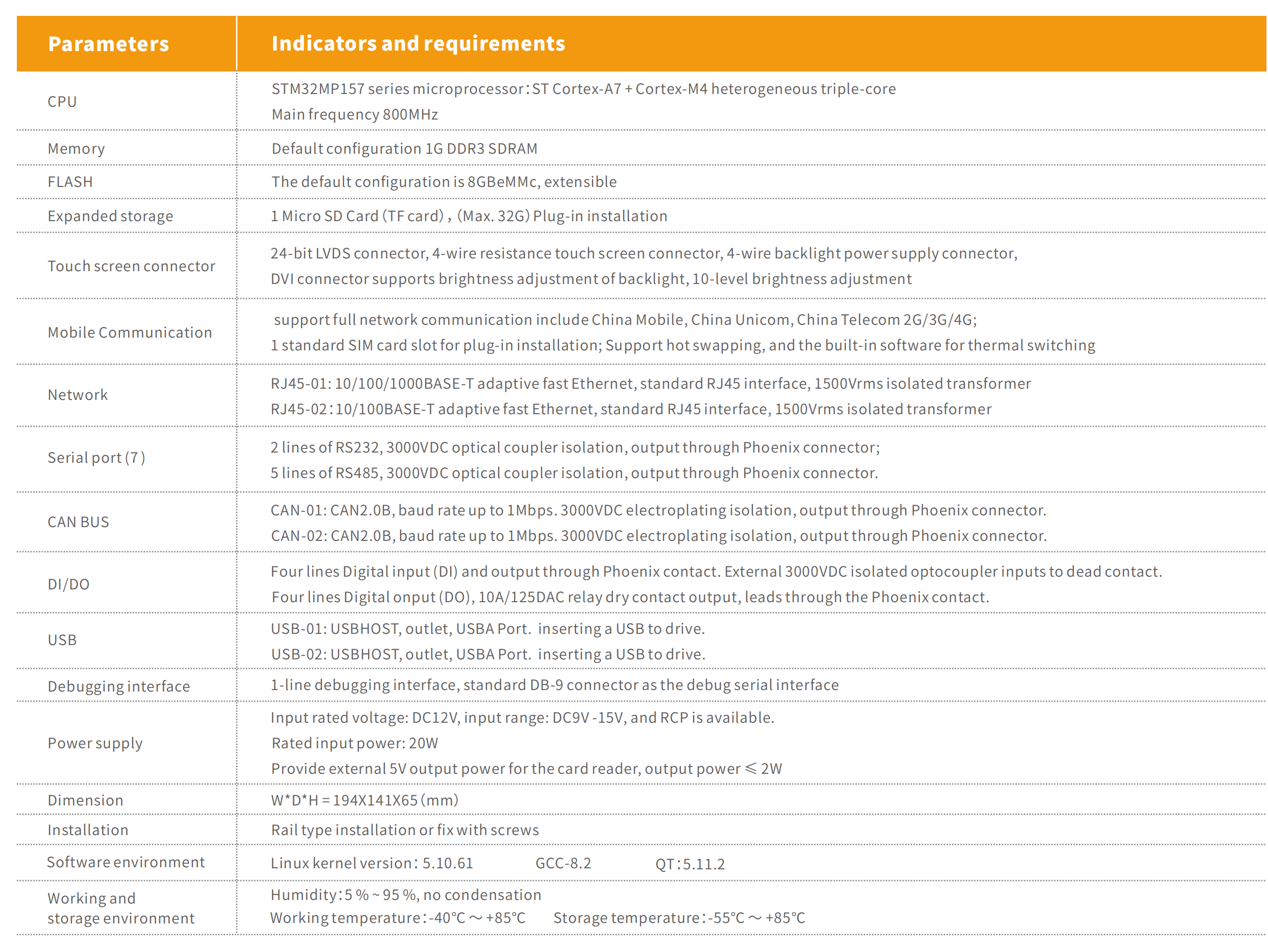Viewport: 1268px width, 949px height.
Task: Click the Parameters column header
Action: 108,44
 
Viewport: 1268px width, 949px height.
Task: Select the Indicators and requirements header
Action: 418,43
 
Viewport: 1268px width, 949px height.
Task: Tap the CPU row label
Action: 62,102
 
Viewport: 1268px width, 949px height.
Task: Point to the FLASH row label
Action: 70,182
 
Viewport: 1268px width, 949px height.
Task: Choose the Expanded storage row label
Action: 110,216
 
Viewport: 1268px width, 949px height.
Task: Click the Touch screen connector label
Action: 131,266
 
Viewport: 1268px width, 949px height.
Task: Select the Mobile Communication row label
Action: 130,333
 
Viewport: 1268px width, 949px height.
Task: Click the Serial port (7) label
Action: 96,458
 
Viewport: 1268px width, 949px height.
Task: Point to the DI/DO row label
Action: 68,584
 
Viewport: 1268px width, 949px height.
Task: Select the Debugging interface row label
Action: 118,686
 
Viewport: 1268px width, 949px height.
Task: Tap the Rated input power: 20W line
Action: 354,743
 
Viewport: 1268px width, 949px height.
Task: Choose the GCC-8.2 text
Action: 563,864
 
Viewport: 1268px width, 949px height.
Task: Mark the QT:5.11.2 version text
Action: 690,864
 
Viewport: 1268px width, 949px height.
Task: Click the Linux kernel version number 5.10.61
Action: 448,864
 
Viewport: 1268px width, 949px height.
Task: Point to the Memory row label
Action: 76,149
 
